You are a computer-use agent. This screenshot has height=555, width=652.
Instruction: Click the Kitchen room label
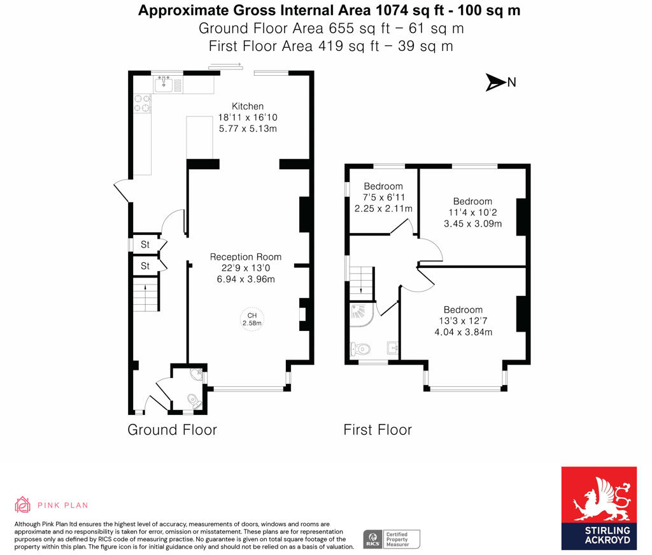(248, 106)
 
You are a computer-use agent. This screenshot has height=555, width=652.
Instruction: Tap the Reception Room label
(245, 257)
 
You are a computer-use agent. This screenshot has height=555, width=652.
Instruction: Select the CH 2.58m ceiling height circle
(252, 320)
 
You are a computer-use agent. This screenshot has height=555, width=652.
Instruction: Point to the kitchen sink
(164, 85)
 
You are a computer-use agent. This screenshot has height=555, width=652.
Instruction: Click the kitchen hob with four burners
(142, 104)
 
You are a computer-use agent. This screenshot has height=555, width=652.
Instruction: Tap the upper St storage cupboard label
(145, 244)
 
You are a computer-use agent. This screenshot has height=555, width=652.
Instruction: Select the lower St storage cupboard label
(145, 265)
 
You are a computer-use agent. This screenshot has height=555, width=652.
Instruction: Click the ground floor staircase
(146, 294)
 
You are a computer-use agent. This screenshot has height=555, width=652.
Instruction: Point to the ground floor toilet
(194, 401)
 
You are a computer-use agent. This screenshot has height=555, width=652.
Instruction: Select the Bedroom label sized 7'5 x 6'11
(383, 186)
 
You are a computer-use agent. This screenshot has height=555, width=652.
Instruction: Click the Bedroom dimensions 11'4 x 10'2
(473, 213)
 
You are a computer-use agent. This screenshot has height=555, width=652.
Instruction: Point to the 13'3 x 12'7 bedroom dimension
(464, 321)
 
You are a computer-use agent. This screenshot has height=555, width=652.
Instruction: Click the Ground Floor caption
(172, 430)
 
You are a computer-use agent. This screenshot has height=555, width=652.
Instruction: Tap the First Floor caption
(378, 430)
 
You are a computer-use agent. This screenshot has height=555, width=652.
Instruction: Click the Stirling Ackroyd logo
(599, 508)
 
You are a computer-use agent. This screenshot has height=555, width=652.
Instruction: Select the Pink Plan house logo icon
(22, 505)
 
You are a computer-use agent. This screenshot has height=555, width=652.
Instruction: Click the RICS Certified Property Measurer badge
(392, 539)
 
